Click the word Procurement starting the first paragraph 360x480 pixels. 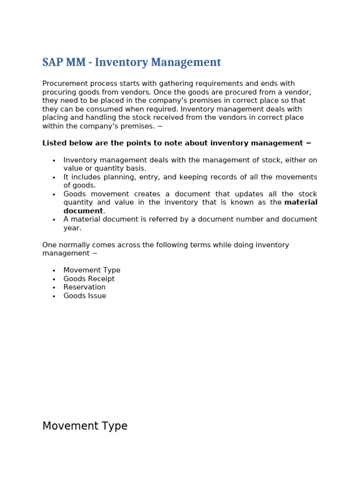coord(64,83)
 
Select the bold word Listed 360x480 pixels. coord(53,143)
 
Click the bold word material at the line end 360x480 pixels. coord(300,202)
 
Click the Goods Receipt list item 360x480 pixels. coord(89,279)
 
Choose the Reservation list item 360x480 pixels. coord(84,287)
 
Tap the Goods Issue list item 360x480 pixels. coord(85,296)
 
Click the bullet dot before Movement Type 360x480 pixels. coord(54,271)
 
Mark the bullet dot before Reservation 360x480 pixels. coord(54,288)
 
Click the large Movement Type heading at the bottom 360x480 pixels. coord(85,426)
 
